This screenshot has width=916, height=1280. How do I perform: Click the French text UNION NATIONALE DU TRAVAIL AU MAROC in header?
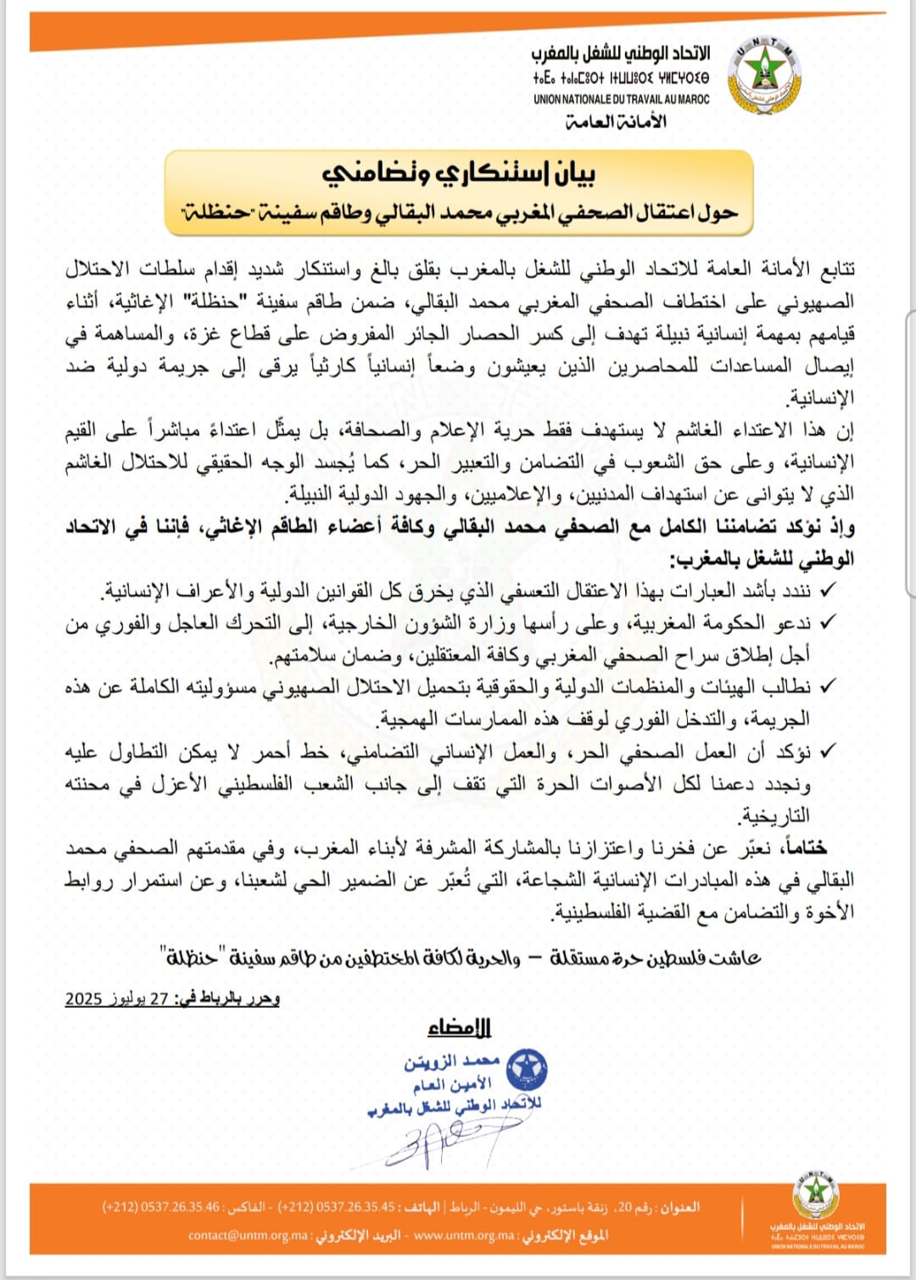(622, 99)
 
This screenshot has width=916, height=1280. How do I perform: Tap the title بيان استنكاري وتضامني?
(459, 174)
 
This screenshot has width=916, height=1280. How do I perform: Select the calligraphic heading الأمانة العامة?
(616, 122)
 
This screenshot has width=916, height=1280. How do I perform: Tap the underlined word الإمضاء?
(459, 1028)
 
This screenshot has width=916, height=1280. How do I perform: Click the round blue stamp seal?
(527, 1070)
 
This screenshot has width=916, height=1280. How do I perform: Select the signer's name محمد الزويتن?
(451, 1062)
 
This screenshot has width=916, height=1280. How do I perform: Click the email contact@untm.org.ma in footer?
(248, 1235)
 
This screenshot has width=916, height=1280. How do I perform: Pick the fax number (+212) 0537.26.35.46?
(160, 1206)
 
